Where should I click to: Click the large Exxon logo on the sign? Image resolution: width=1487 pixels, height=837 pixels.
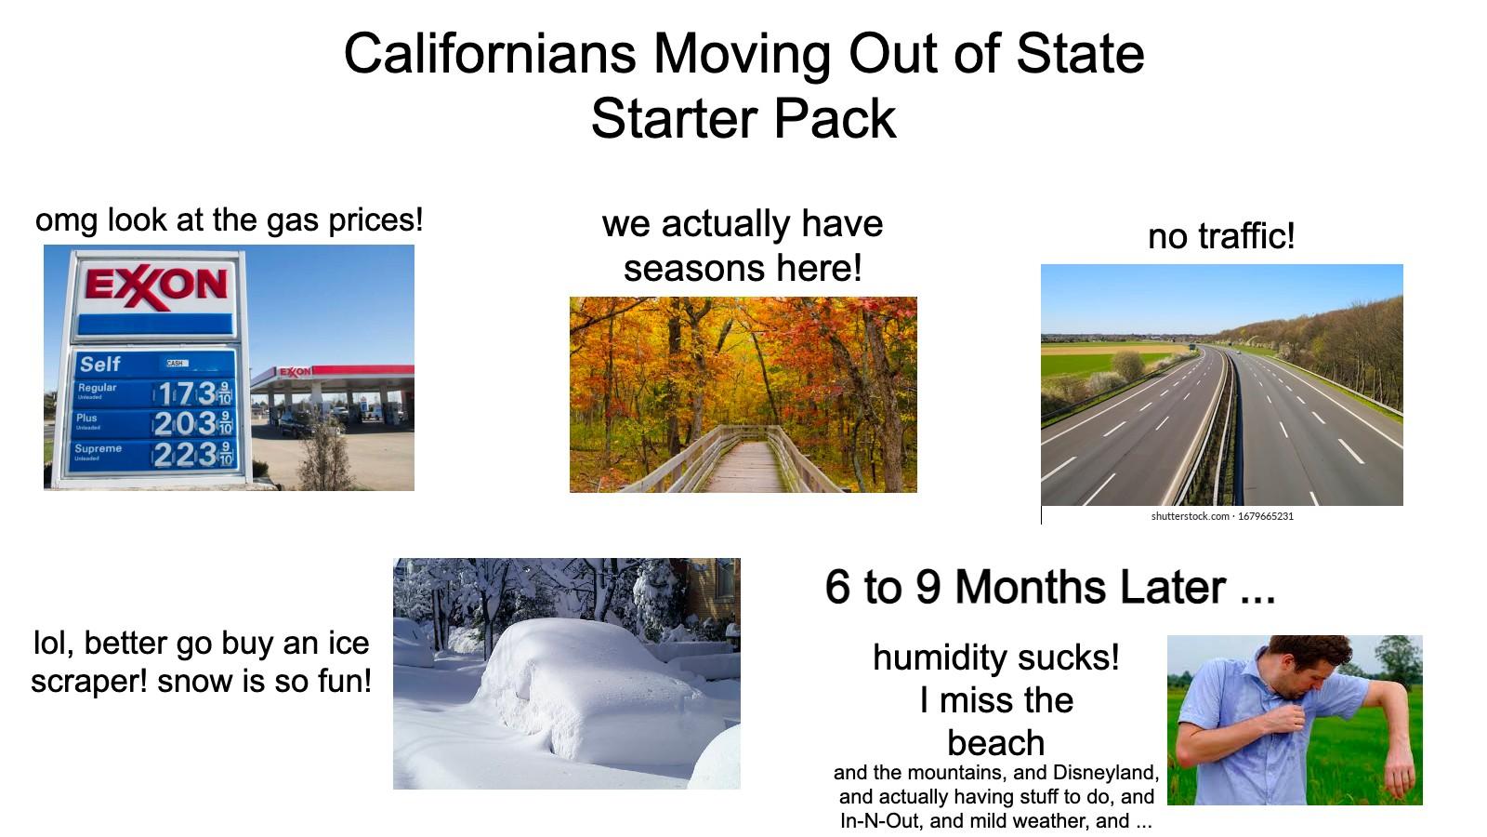point(156,285)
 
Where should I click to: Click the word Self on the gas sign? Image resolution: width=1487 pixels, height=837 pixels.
point(99,364)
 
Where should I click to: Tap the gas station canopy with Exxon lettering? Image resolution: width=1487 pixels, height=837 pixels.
point(335,374)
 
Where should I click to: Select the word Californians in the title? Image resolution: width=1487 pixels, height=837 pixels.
point(489,53)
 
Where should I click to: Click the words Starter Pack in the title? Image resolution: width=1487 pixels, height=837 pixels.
point(743,119)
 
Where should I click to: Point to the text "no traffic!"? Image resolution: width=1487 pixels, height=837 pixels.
point(1220,236)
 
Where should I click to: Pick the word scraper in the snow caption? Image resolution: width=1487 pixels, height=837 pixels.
point(88,681)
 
